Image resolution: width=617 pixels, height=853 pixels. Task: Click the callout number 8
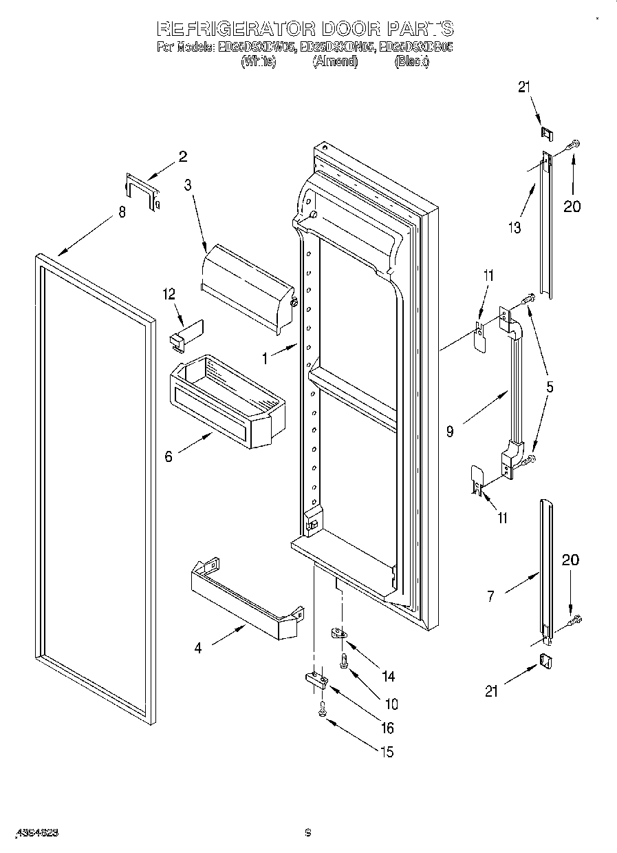122,213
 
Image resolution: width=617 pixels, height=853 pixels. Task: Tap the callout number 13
515,228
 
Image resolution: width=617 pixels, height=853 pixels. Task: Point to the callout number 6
169,456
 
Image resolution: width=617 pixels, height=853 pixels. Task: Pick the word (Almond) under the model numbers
335,61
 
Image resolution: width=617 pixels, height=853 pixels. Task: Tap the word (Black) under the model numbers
411,61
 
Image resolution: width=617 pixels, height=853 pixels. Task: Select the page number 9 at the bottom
308,832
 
